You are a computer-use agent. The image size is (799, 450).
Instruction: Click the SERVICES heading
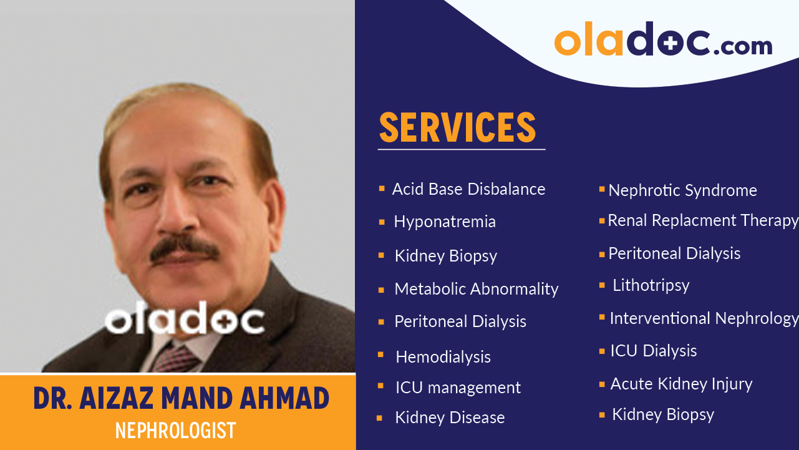tap(457, 127)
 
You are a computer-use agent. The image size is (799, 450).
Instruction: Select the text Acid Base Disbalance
tap(468, 189)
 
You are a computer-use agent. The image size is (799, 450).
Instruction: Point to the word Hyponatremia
tap(445, 222)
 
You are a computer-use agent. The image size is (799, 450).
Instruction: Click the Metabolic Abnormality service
tap(477, 289)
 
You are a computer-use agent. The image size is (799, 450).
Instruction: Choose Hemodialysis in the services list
tap(443, 357)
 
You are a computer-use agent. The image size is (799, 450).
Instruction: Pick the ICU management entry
tap(458, 388)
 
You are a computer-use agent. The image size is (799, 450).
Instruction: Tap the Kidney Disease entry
tap(450, 418)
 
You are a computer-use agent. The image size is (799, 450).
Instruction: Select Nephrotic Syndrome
tap(682, 190)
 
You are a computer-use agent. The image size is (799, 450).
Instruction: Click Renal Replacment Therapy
tap(703, 220)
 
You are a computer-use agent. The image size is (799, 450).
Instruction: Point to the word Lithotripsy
tap(651, 285)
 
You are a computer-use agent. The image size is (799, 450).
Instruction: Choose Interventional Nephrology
tap(704, 318)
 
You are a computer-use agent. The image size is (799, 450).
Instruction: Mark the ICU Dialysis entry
tap(653, 351)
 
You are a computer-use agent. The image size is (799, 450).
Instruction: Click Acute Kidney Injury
tap(681, 384)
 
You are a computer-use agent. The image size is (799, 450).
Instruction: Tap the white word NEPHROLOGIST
tap(176, 430)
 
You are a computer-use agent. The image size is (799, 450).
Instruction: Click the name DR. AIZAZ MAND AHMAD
tap(181, 399)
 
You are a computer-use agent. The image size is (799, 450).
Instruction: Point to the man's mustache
tap(185, 248)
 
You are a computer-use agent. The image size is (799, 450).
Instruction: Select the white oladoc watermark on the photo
tap(185, 320)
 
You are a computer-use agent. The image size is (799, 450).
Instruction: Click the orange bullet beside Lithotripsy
tap(602, 285)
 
